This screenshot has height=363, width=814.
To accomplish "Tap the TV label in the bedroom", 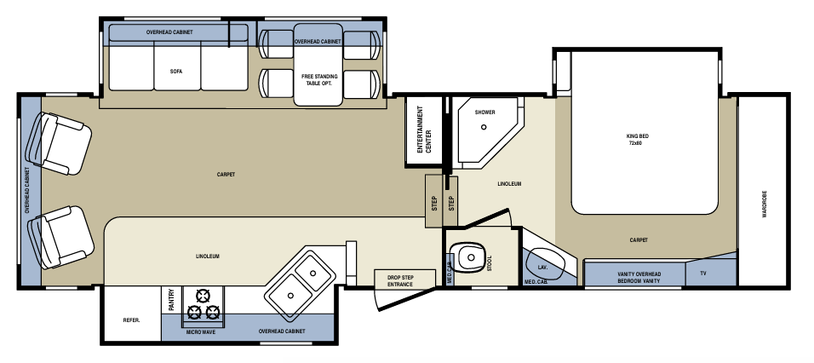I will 702,274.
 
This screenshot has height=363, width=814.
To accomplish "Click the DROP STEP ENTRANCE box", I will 399,279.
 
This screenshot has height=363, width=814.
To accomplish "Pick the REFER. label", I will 131,320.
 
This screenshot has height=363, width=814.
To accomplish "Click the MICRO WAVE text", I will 201,331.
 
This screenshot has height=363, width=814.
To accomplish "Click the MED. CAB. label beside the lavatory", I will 535,282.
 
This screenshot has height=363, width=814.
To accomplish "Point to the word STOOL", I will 490,263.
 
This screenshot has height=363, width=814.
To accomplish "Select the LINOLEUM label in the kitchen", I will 208,256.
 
